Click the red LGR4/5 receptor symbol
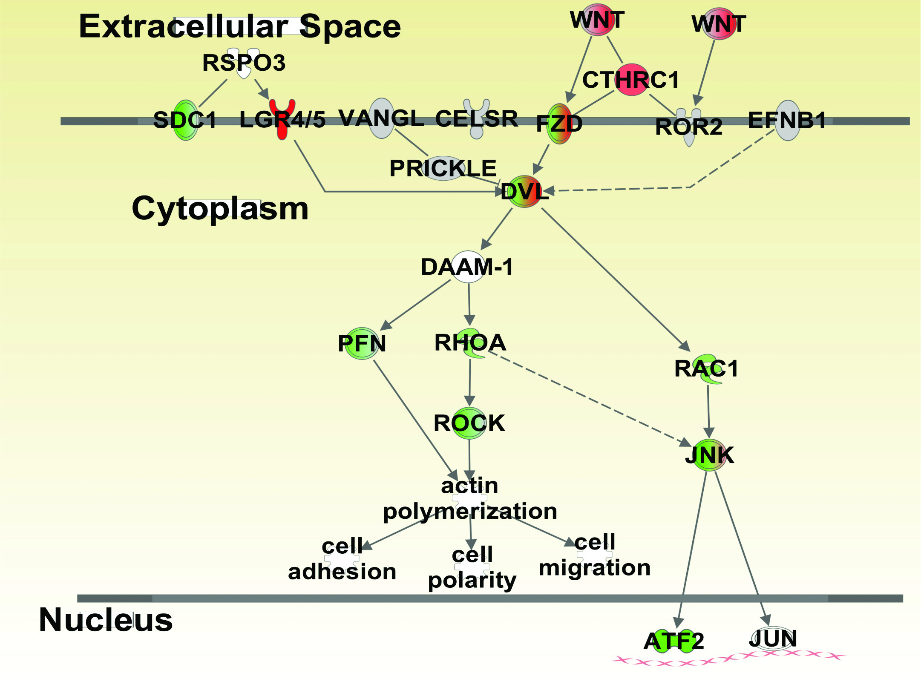pos(282,119)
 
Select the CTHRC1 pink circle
pos(632,80)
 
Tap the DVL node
pos(524,191)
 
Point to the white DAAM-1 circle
pos(468,267)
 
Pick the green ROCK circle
pos(469,423)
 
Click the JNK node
pos(710,455)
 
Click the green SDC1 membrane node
pos(186,120)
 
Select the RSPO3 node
pos(244,63)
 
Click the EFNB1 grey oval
pos(788,120)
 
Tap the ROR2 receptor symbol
pos(689,127)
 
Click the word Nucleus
pos(106,620)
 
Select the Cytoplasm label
pos(220,209)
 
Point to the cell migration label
pos(595,555)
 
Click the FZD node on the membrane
pos(559,124)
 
